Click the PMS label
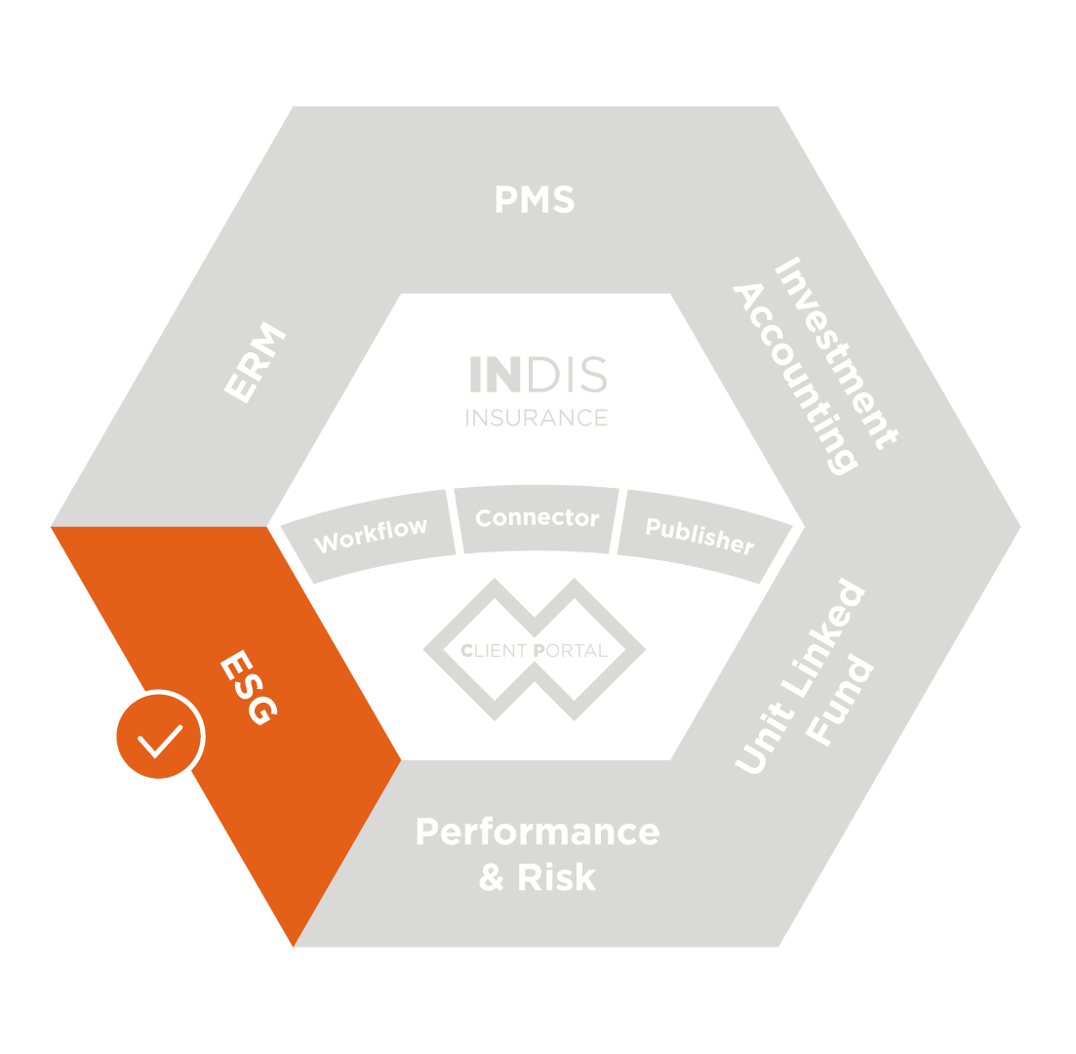(535, 200)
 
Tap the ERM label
(256, 364)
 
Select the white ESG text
(249, 689)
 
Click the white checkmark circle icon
(158, 737)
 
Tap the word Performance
(537, 832)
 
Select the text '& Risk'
(537, 877)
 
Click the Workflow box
(371, 534)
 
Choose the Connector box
(537, 518)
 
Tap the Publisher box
(699, 535)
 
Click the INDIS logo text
(538, 376)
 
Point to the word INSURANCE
(537, 418)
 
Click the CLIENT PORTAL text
(535, 650)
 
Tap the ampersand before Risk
(491, 877)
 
